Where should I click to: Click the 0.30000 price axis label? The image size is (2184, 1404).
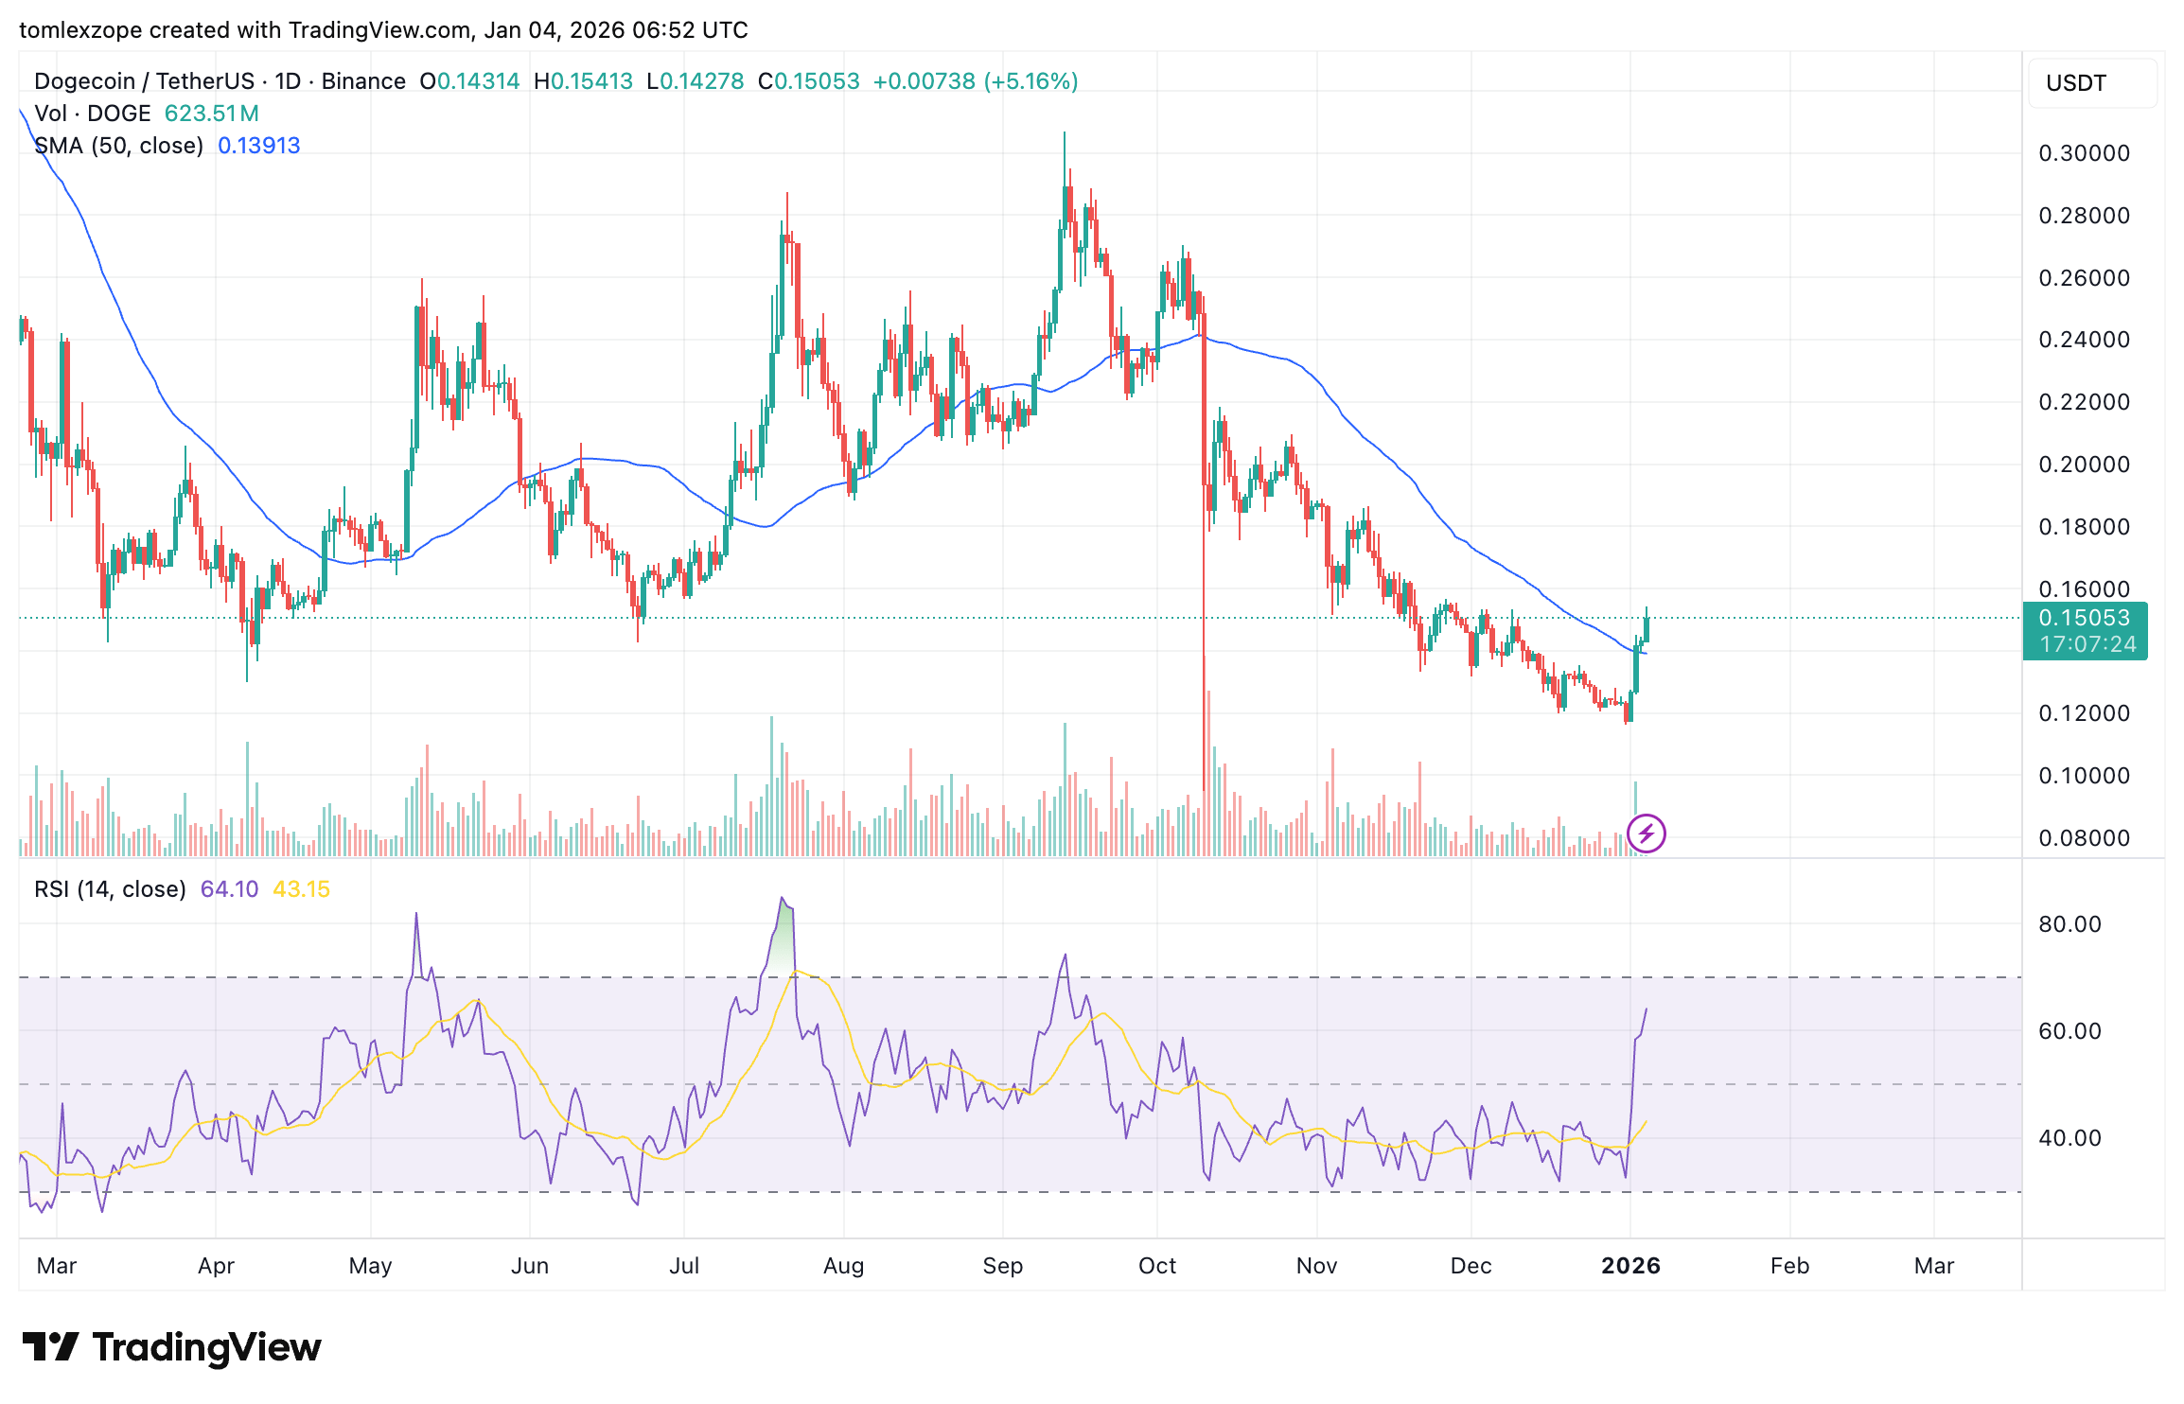(x=2084, y=153)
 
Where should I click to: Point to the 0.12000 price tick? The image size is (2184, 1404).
(x=2084, y=713)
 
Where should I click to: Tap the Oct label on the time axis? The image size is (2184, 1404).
(x=1156, y=1266)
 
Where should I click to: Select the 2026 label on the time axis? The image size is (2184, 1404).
(x=1630, y=1266)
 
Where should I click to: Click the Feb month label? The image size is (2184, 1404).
(x=1789, y=1266)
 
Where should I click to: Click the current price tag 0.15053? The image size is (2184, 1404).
(x=2084, y=618)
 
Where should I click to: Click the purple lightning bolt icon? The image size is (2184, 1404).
(x=1646, y=834)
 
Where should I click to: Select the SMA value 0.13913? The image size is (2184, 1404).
(x=258, y=146)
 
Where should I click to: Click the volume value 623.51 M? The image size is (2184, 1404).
(x=211, y=114)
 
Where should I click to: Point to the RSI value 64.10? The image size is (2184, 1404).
(x=229, y=889)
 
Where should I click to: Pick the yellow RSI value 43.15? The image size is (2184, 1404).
(x=301, y=889)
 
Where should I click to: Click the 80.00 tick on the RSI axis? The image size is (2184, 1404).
(x=2070, y=924)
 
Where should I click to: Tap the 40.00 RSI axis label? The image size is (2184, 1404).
(x=2070, y=1138)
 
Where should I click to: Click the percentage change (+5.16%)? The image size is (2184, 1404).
(x=1030, y=81)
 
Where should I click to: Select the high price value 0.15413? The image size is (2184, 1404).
(x=591, y=81)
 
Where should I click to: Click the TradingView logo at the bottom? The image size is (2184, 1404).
(x=171, y=1347)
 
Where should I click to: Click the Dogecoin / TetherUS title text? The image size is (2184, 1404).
(x=145, y=81)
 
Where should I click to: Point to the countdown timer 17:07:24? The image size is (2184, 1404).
(x=2087, y=644)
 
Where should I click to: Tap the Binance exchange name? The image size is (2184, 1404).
(x=363, y=81)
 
